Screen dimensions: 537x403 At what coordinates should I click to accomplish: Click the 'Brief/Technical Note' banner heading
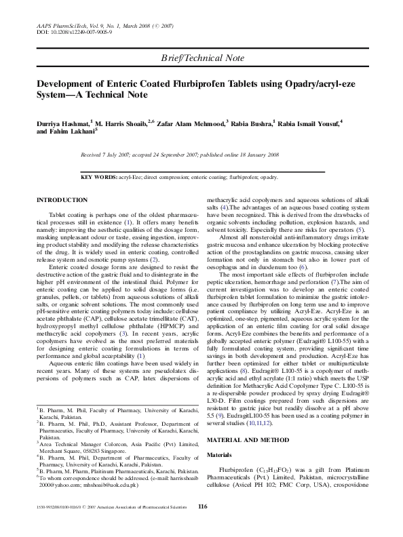click(201, 59)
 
